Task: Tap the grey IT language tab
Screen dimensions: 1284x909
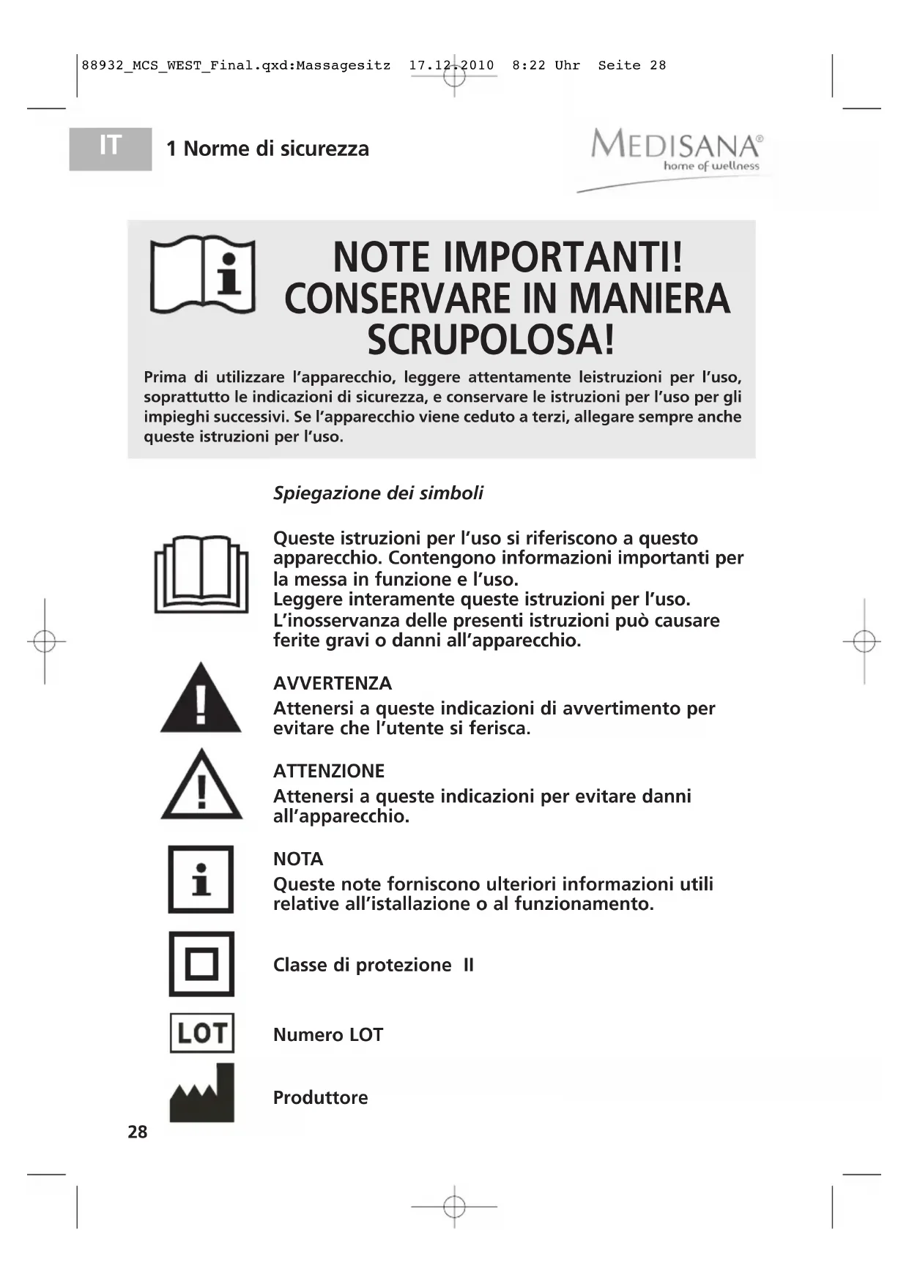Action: tap(111, 149)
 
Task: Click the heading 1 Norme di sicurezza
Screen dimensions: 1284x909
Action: tap(267, 149)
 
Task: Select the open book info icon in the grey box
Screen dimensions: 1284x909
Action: tap(202, 275)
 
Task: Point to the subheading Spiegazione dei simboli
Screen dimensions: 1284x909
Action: tap(378, 493)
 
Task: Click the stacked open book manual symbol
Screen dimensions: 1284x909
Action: tap(201, 574)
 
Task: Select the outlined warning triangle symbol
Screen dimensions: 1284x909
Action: tap(201, 786)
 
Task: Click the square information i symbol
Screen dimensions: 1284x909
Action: tap(201, 879)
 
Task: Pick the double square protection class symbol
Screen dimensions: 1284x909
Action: tap(201, 963)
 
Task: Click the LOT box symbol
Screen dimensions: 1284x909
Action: tap(201, 1033)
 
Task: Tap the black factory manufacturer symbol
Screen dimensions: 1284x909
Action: tap(202, 1094)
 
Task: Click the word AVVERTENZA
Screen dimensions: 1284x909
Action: tap(333, 683)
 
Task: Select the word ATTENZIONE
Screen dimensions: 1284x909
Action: tap(329, 771)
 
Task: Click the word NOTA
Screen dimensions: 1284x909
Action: tap(298, 859)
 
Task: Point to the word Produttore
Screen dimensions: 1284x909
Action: tap(320, 1097)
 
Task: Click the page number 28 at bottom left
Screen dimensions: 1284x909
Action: tap(138, 1132)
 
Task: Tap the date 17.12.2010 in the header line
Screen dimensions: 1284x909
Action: tap(451, 65)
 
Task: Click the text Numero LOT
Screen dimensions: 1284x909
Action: tap(328, 1034)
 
